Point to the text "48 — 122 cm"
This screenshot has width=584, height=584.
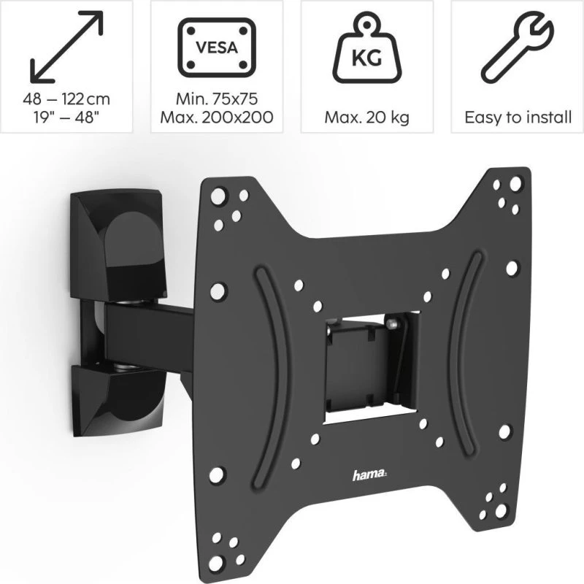66,99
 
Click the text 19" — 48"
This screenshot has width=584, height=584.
66,118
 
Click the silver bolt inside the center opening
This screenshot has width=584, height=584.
393,320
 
